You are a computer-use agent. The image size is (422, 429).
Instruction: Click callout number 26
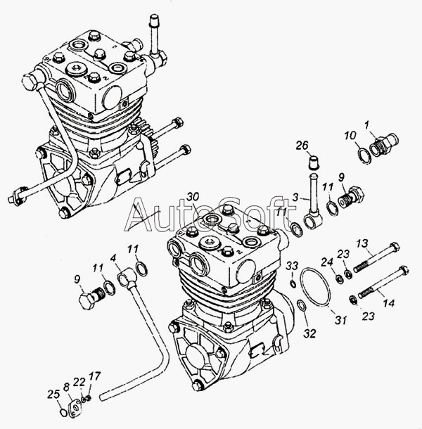click(x=302, y=146)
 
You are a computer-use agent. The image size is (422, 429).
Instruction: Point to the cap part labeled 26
click(x=314, y=162)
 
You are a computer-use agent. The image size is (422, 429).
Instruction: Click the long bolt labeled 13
click(x=377, y=257)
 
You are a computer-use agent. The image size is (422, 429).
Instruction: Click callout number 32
click(x=309, y=333)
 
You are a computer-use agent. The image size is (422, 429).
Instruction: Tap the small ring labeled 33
click(x=293, y=284)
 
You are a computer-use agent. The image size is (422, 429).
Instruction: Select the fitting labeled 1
click(x=384, y=144)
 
